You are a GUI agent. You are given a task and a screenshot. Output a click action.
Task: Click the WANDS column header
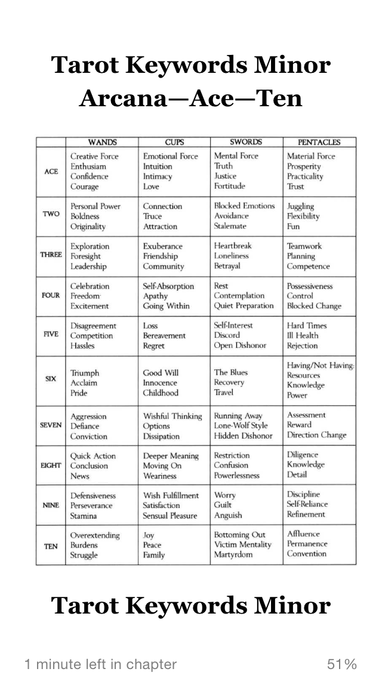point(102,143)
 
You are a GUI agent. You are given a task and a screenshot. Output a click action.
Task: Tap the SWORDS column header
point(247,143)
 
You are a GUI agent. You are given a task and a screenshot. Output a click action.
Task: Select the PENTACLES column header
point(319,143)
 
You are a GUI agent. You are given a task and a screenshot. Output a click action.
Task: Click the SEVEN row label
point(51,426)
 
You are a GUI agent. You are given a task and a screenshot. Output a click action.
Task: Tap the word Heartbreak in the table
point(233,246)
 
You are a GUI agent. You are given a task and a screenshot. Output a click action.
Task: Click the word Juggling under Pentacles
point(300,207)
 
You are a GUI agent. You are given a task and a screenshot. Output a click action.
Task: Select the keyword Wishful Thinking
point(172,416)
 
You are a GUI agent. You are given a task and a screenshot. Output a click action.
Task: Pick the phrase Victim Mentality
point(242,545)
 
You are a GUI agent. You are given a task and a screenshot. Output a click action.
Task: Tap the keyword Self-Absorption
point(168,286)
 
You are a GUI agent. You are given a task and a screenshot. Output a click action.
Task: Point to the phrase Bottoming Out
point(240,535)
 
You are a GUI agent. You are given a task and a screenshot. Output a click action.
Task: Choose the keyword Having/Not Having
point(321,365)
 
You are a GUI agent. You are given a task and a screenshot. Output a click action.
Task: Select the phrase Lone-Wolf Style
point(241,426)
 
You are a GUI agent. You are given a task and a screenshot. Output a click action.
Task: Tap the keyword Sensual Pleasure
point(170,516)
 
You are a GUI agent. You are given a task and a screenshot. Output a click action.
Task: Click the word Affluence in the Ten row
point(303,534)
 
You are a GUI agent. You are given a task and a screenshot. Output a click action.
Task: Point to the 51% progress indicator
point(342,664)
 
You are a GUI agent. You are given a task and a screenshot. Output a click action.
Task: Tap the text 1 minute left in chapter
point(100,664)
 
